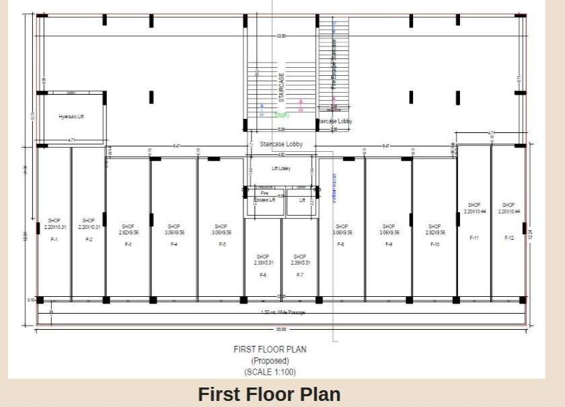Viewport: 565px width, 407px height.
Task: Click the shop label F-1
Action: pos(54,239)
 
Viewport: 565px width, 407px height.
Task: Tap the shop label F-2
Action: pos(88,239)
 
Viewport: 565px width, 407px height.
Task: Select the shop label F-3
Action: pos(128,244)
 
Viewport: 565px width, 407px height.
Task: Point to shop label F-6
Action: pos(262,275)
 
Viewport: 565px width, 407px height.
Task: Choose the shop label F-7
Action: pos(299,275)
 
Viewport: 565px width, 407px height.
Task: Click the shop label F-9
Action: pos(388,244)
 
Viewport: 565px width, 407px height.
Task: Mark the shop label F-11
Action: pos(474,238)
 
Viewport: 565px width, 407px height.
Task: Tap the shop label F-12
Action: pos(509,238)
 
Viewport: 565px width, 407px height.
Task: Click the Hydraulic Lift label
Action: pos(71,116)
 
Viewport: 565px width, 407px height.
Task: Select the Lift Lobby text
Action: pos(281,168)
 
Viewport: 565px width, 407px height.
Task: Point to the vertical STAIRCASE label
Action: pos(282,88)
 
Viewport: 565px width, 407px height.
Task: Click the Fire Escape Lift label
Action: pos(264,196)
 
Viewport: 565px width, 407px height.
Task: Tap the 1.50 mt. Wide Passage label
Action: pos(282,312)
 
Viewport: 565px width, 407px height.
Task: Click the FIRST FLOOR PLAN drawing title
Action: pos(270,349)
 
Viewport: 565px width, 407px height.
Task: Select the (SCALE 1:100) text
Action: pos(270,371)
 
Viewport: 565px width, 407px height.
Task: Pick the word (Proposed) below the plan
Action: pos(270,361)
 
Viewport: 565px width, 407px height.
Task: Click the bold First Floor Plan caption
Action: pos(269,394)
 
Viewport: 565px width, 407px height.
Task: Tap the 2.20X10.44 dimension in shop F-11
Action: pos(474,211)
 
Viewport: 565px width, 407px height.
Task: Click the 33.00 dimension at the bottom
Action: pos(281,329)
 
